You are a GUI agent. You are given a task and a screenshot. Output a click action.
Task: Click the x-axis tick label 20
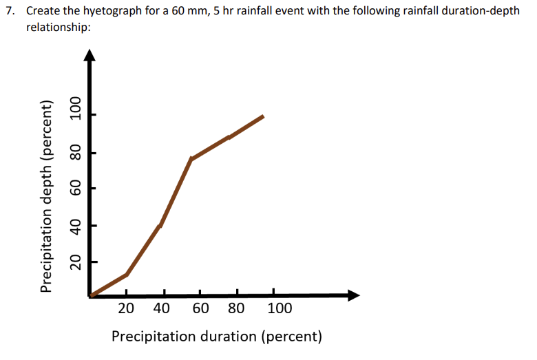[126, 308]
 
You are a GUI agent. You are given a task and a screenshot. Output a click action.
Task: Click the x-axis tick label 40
[161, 308]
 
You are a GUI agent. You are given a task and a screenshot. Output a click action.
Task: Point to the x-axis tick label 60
[201, 308]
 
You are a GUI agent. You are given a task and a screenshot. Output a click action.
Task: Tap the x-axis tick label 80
[235, 308]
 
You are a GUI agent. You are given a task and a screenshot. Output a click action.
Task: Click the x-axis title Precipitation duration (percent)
[216, 337]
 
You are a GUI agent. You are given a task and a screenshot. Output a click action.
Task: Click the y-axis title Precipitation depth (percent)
[47, 196]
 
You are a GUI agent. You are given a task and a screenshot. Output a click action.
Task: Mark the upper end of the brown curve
[263, 116]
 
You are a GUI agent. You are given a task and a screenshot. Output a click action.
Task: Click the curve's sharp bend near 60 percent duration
[191, 159]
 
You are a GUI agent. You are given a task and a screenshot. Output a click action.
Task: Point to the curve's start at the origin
[92, 295]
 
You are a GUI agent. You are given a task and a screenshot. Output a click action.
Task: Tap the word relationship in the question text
[59, 28]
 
